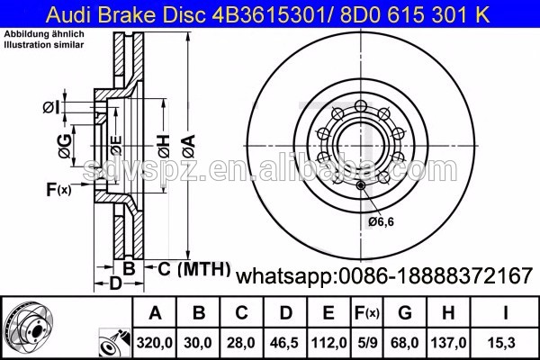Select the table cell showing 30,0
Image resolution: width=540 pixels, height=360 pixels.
tap(200, 343)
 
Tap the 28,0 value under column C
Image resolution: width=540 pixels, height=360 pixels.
tap(242, 343)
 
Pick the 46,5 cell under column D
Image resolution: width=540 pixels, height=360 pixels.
tap(286, 343)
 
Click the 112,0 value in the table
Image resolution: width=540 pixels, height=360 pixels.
tap(329, 343)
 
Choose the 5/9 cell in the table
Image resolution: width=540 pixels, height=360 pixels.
tap(369, 343)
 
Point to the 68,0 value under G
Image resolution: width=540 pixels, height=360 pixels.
tap(406, 343)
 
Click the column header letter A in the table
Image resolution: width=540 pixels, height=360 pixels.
tap(155, 314)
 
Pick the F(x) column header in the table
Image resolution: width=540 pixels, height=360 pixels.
tap(369, 314)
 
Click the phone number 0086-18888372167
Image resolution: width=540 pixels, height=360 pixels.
tap(435, 274)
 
